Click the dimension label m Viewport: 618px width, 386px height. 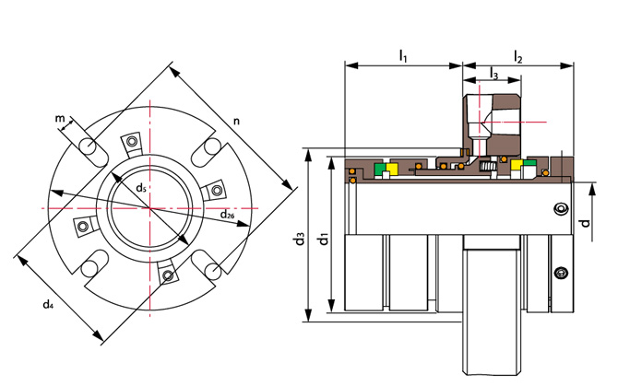(59, 118)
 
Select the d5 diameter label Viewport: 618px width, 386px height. (140, 188)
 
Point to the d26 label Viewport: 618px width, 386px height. (226, 215)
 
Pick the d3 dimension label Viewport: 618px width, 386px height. (299, 240)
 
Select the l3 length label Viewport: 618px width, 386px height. (493, 76)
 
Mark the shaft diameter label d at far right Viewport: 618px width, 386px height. (583, 222)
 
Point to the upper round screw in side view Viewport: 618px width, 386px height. (559, 211)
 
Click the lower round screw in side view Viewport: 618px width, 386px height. (559, 274)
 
